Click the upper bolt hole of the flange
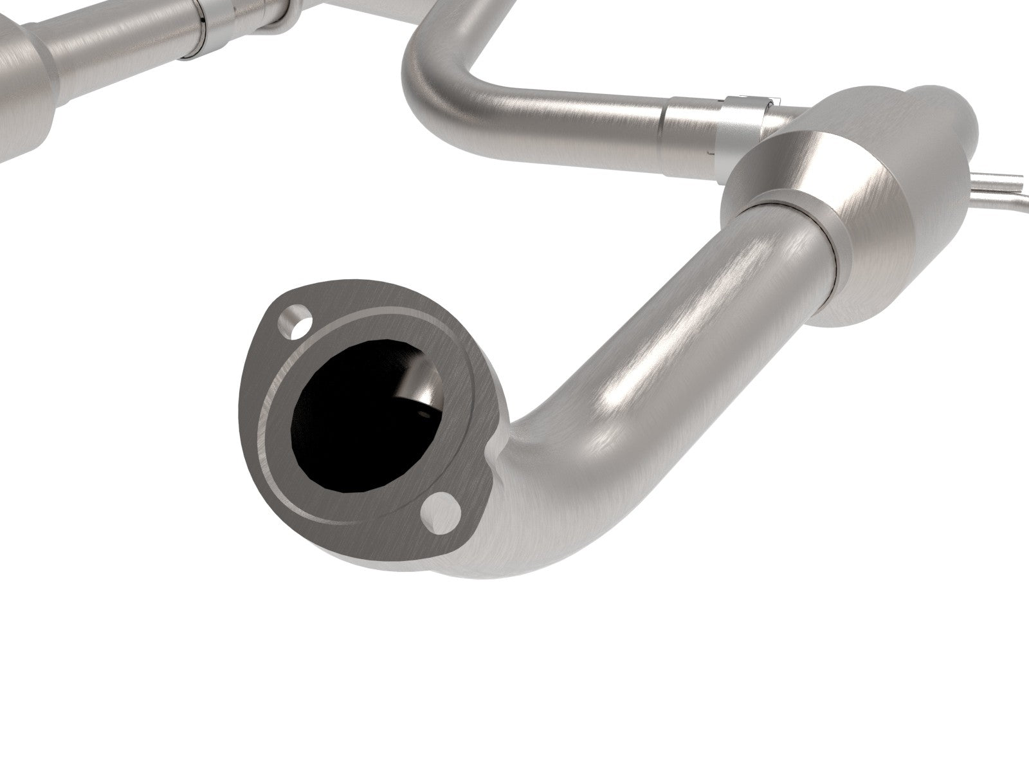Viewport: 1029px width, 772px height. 293,322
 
